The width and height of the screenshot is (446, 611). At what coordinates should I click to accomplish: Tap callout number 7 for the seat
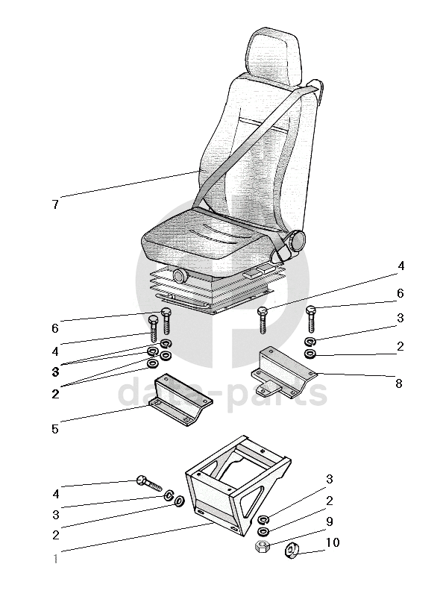click(x=55, y=204)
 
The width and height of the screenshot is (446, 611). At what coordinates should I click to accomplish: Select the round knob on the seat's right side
click(x=297, y=241)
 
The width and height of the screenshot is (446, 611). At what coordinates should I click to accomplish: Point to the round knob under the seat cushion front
click(x=180, y=276)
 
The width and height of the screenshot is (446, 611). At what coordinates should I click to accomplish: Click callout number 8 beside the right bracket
click(x=398, y=383)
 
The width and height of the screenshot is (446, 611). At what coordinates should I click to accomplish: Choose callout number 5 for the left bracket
click(x=55, y=429)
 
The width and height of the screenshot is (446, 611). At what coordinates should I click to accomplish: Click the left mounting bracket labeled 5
click(x=180, y=400)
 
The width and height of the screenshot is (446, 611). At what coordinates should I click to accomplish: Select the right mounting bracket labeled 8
click(x=283, y=372)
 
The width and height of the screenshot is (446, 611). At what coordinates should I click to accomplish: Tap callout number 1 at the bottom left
click(x=55, y=560)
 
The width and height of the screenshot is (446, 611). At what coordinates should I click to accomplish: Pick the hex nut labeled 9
click(x=262, y=545)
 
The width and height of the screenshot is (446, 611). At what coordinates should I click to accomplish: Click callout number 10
click(x=332, y=542)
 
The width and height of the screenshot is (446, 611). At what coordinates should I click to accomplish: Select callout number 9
click(x=329, y=521)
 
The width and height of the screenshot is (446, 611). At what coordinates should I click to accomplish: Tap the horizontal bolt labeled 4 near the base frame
click(x=149, y=483)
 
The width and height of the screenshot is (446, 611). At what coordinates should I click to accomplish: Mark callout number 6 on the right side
click(x=400, y=293)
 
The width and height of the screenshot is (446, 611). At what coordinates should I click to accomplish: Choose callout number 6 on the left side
click(x=55, y=328)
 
